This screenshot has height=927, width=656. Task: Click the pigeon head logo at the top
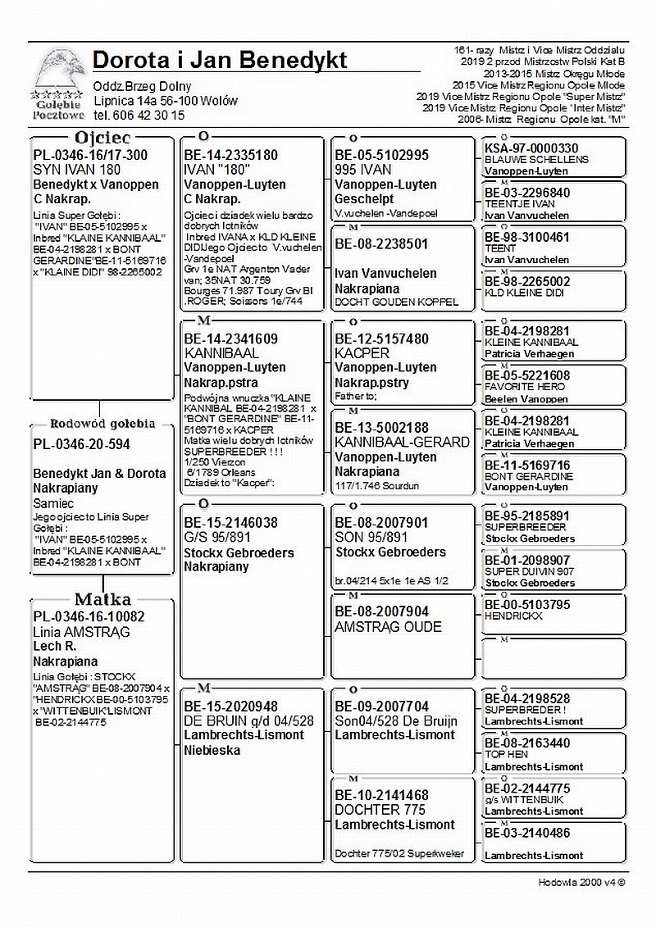(x=57, y=74)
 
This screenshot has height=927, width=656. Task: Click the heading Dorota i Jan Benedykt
(x=220, y=60)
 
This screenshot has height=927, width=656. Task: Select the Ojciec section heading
(x=102, y=137)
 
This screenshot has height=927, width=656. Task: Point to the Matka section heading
(x=102, y=599)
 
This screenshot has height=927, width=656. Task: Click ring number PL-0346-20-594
(x=81, y=444)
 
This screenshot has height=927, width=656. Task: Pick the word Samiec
(x=53, y=503)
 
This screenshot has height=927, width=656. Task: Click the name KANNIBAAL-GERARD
(x=402, y=442)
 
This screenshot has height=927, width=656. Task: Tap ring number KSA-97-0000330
(x=531, y=148)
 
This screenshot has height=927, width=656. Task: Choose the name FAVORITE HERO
(x=525, y=387)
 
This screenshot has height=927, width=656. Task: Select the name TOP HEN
(x=506, y=754)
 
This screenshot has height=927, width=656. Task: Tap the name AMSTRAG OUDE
(x=388, y=627)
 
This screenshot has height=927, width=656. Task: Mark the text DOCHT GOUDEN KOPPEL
(x=396, y=302)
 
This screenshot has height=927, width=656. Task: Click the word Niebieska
(x=211, y=750)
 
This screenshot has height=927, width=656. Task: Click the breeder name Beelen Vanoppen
(x=526, y=399)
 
